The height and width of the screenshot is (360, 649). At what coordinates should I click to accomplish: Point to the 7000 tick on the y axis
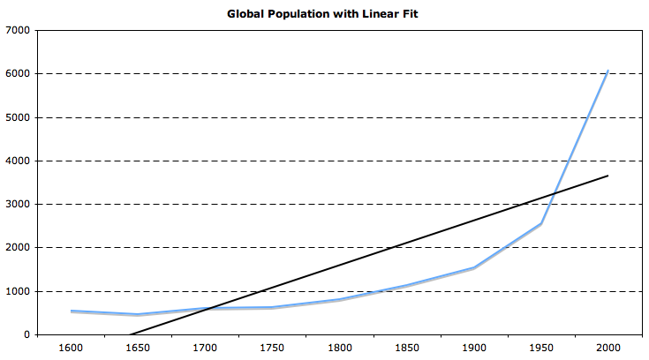tap(18, 31)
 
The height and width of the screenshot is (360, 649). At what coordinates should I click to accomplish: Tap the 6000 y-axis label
tap(18, 74)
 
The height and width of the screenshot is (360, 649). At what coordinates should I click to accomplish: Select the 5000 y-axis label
tap(18, 117)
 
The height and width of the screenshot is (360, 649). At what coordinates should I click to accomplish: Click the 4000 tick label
tap(18, 161)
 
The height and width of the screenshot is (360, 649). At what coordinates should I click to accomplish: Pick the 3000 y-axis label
tap(18, 205)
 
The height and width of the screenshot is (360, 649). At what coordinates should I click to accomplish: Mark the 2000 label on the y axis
tap(18, 248)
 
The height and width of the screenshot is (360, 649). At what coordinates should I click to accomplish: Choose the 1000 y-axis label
tap(18, 291)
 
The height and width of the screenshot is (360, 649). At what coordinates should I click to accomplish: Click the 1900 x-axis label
tap(474, 348)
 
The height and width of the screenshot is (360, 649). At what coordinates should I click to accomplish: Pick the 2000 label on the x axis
tap(607, 348)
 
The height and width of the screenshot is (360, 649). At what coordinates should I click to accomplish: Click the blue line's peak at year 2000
tap(607, 71)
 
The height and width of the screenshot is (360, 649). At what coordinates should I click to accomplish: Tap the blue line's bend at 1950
tap(540, 224)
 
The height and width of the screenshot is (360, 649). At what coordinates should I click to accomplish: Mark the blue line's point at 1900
tap(474, 267)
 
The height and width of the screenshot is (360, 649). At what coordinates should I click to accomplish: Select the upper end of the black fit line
tap(607, 176)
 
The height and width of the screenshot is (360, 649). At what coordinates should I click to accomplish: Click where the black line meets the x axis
tap(130, 334)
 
